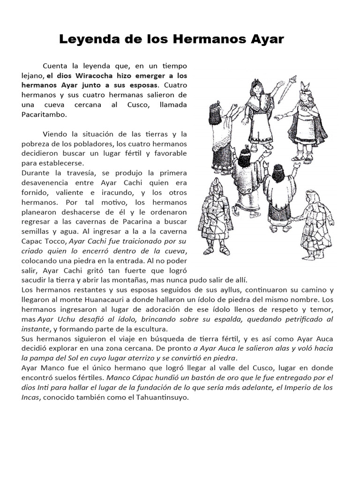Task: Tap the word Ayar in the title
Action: [268, 39]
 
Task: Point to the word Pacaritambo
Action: [44, 114]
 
